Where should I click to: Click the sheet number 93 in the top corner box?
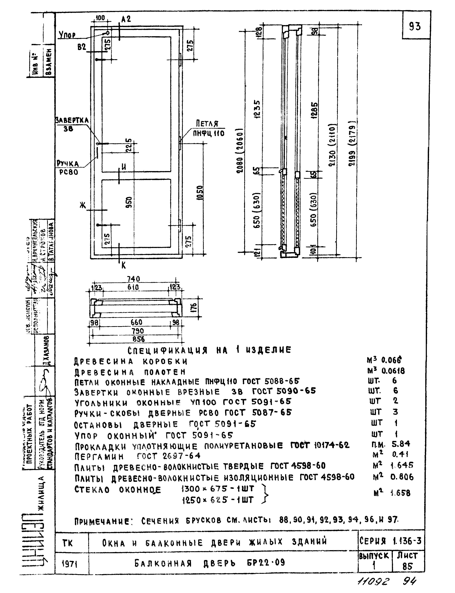(x=415, y=26)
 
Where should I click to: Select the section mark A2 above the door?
(x=126, y=19)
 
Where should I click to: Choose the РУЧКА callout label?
(x=68, y=164)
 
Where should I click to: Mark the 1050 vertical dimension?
(x=200, y=193)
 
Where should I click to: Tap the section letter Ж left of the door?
(x=83, y=206)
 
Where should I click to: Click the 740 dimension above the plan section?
(x=134, y=279)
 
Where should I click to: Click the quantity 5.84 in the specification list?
(x=401, y=444)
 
